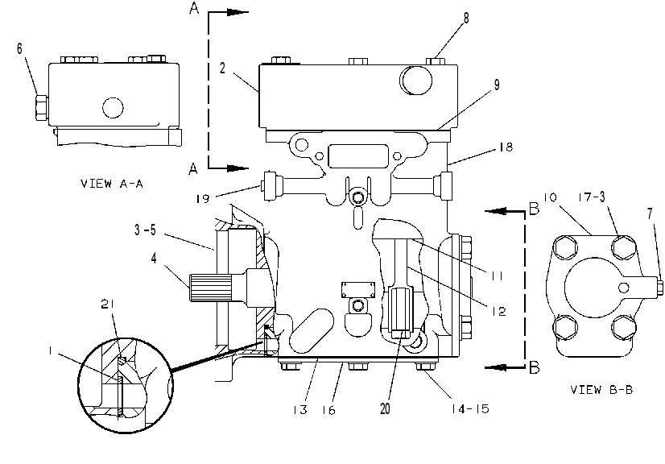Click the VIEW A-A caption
[x=112, y=184]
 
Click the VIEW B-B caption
[x=601, y=390]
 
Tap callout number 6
[x=19, y=48]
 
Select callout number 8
[x=466, y=18]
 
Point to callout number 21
[x=108, y=304]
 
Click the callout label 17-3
[x=591, y=197]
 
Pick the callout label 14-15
[x=470, y=408]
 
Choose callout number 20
[x=385, y=408]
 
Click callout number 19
[x=203, y=198]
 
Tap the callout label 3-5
[x=146, y=230]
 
